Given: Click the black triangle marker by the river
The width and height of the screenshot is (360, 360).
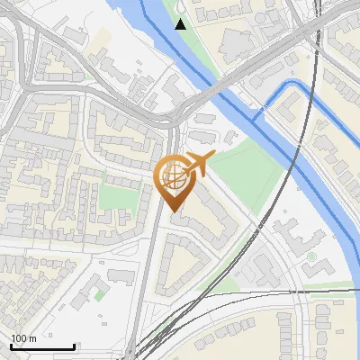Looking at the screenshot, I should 181,23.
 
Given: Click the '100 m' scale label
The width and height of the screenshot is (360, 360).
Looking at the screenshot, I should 23,337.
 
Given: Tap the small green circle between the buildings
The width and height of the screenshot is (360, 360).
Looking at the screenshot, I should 311,256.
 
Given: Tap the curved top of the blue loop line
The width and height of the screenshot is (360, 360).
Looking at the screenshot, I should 290,83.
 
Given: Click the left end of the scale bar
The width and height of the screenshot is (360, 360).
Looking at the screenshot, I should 11,346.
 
